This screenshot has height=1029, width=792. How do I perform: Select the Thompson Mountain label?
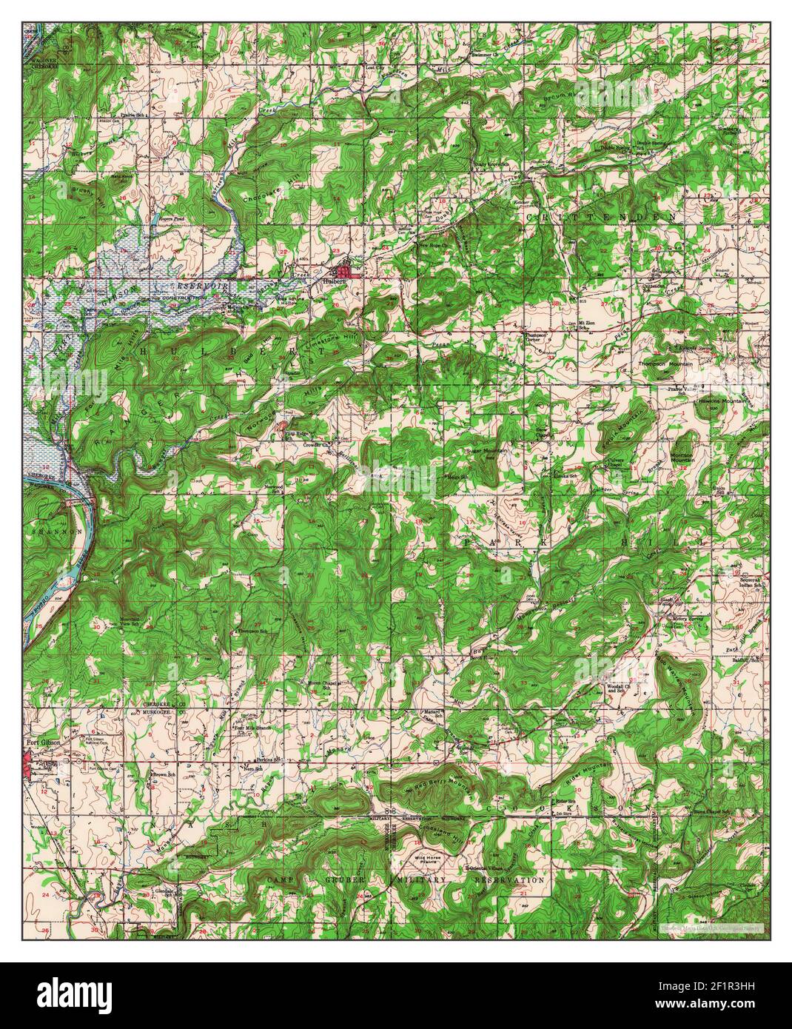[x=666, y=365]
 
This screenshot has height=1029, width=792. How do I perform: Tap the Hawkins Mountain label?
[x=722, y=400]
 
